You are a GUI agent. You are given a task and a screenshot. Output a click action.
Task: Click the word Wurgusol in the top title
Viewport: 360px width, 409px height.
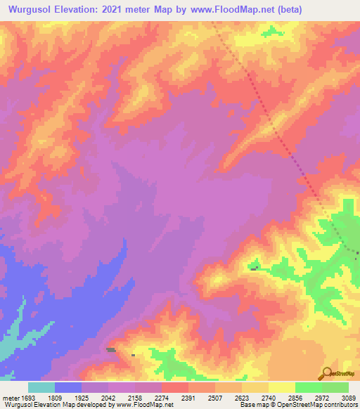tap(33, 9)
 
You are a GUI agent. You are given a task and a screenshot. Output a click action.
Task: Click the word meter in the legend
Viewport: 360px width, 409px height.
tap(11, 395)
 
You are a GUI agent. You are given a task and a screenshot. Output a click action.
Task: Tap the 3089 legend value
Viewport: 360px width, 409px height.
tap(349, 395)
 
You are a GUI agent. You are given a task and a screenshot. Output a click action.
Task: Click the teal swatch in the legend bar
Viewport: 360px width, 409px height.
tap(41, 387)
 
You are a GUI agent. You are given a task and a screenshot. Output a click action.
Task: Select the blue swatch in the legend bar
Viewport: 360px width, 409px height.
tap(68, 387)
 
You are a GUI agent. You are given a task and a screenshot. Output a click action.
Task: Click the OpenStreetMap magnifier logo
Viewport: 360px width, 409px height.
tap(327, 373)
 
